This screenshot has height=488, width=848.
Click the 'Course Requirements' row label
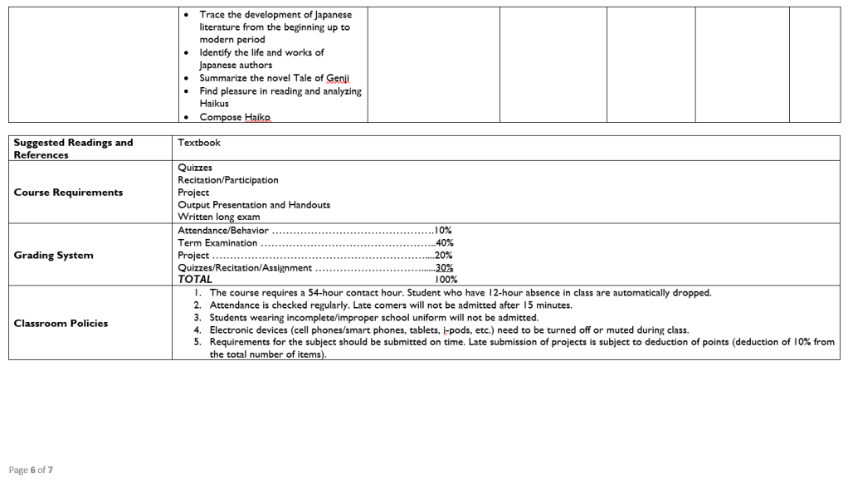(68, 193)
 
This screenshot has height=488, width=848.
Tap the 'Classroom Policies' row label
(61, 324)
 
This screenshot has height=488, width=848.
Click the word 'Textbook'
(199, 143)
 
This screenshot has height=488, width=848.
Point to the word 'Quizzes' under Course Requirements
(195, 168)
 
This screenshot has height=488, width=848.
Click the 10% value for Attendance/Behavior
(443, 230)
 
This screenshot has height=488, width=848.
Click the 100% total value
(446, 281)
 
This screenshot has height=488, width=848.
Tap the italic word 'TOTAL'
(195, 281)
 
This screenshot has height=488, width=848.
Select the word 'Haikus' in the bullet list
(214, 104)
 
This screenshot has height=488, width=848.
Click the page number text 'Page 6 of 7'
(31, 470)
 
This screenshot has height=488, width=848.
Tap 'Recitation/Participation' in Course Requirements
(228, 180)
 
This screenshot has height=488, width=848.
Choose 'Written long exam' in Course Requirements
(219, 217)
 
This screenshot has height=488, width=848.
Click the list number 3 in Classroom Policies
(197, 318)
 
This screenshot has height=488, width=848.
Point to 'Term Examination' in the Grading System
(217, 243)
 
